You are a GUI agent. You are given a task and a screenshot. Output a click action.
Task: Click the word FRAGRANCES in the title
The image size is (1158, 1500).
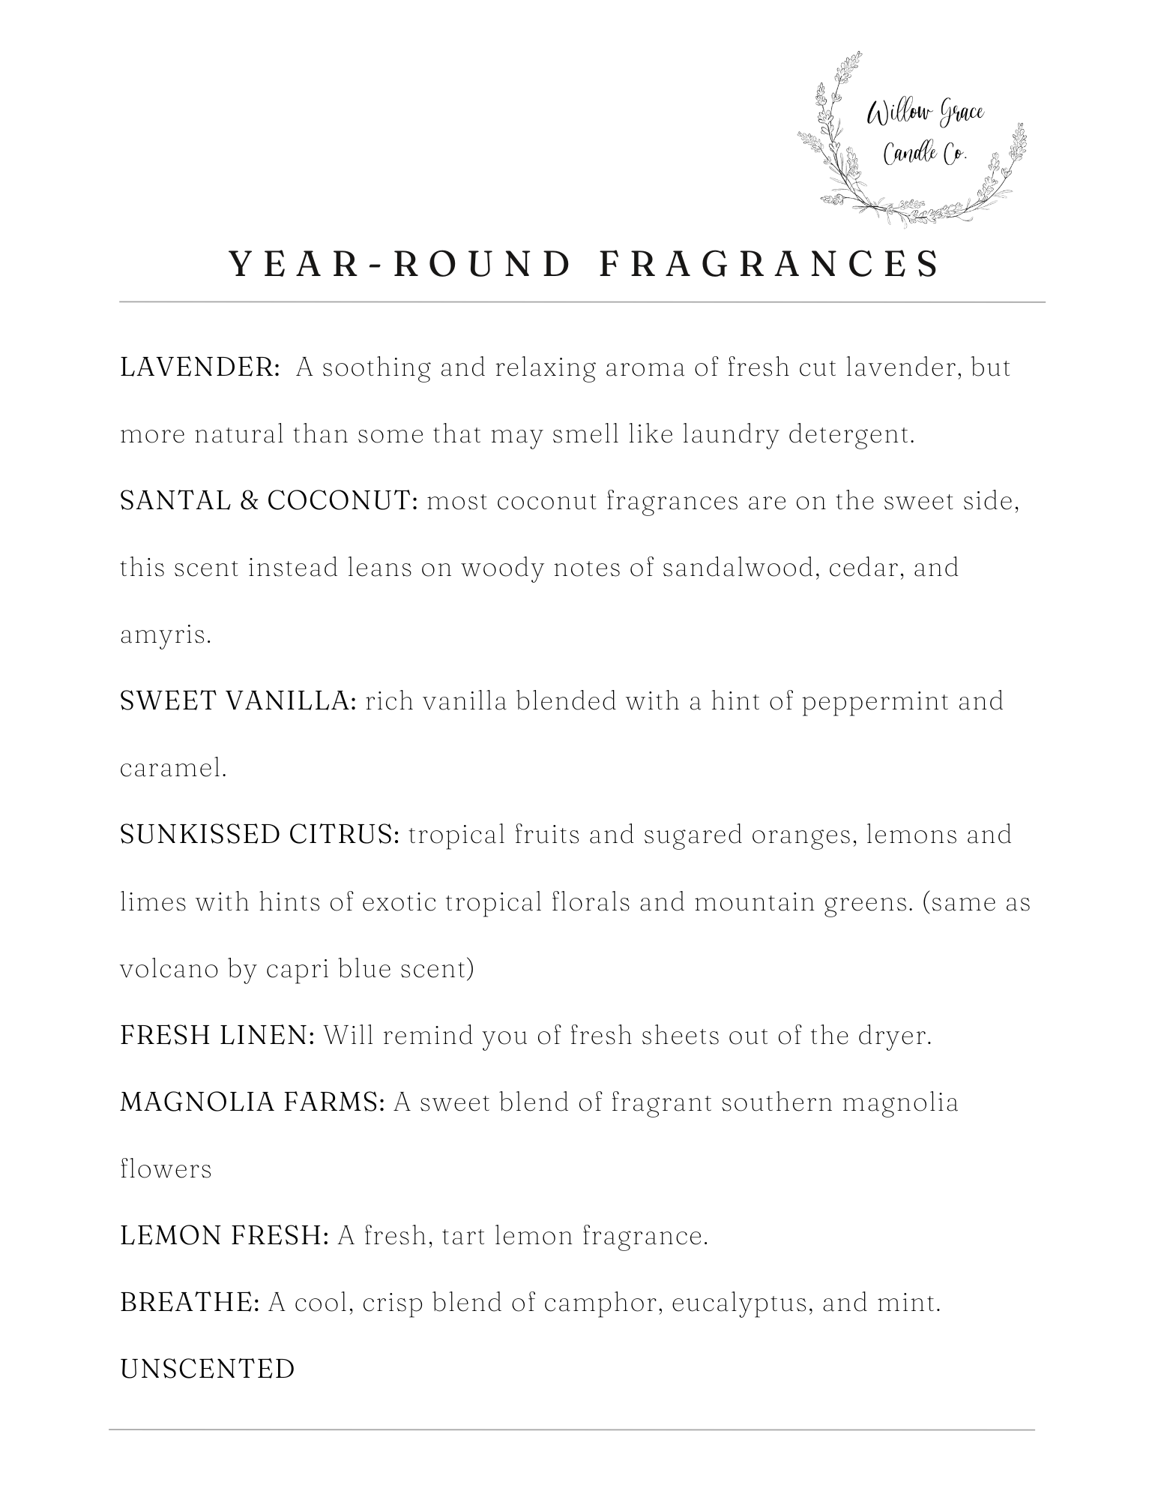point(770,264)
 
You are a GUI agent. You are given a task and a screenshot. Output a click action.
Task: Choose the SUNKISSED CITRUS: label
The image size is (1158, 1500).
point(260,835)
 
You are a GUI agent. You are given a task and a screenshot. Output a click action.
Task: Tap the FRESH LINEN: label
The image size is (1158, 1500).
point(217,1036)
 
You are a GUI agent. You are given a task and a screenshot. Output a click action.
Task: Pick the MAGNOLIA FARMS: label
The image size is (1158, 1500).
point(253,1102)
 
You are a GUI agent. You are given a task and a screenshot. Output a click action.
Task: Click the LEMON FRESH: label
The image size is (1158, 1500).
point(224,1236)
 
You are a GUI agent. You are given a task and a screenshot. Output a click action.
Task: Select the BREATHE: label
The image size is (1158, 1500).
point(190,1303)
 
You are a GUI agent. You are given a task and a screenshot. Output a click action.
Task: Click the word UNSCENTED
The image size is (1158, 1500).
point(208,1369)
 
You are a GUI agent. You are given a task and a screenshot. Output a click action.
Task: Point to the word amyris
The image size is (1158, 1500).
point(166,635)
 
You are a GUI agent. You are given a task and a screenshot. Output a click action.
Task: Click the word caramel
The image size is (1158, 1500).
point(173,768)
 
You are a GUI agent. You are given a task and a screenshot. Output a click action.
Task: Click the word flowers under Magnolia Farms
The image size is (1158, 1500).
point(166,1169)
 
